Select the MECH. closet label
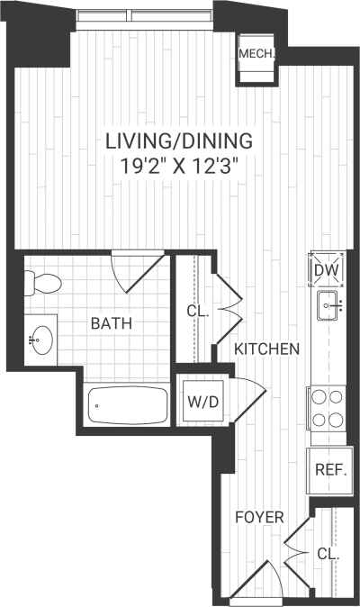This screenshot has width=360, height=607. coord(256,54)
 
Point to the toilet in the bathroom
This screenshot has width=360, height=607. coord(41,284)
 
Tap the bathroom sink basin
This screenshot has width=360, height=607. coord(41,340)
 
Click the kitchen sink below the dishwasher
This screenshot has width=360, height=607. coord(328,307)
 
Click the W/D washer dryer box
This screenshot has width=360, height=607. coord(202,401)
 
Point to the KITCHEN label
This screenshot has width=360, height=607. coord(266,349)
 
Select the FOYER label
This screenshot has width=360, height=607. coord(259,518)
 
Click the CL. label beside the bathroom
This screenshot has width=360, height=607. coord(197,312)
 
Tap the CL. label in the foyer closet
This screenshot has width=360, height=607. coord(328,555)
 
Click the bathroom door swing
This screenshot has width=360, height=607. coord(139,271)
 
